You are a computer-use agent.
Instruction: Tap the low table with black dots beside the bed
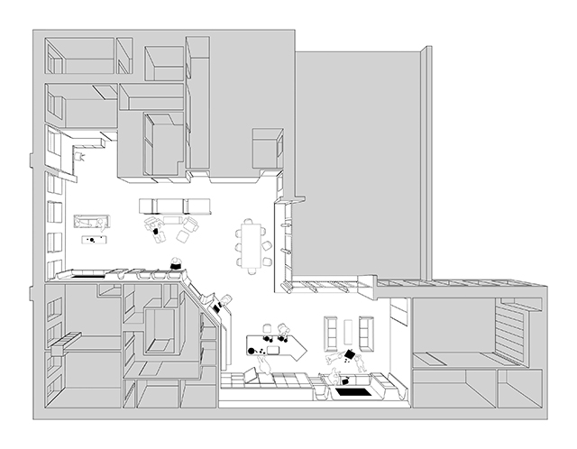pos(93,240)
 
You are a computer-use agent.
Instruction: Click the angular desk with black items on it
pos(275,345)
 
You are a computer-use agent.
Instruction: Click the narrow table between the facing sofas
pos(349,334)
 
